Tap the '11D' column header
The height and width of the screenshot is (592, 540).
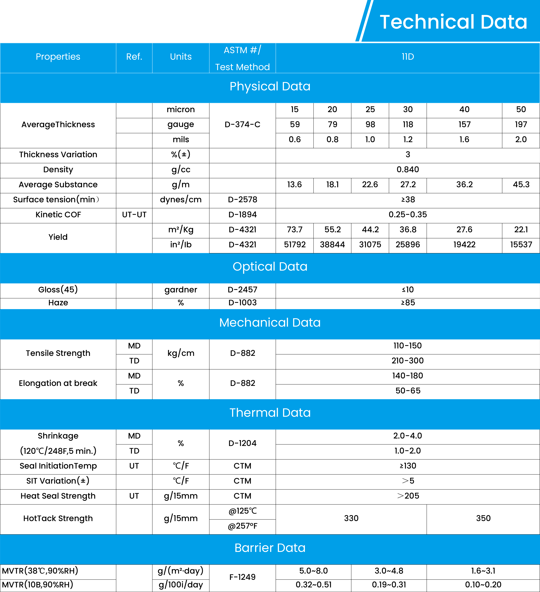pos(408,57)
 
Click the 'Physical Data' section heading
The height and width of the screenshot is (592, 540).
pos(270,86)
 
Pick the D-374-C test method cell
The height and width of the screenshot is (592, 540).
pos(242,124)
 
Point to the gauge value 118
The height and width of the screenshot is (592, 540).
pos(408,124)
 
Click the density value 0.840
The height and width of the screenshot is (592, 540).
pos(408,169)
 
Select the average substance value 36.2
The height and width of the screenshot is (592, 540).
pos(464,184)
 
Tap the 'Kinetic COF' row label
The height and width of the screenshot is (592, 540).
pos(58,215)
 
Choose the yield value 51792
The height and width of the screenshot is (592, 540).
pos(295,245)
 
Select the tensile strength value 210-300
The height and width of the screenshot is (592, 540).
pos(408,361)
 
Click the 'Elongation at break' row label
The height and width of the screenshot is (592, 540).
pos(58,383)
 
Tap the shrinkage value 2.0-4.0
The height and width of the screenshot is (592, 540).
pos(408,436)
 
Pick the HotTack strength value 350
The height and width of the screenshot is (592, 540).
pos(483,518)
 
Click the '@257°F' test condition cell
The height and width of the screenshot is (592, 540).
pos(242,526)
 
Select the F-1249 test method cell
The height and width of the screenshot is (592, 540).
pos(242,577)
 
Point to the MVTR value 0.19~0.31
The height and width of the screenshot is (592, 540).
pos(389,585)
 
